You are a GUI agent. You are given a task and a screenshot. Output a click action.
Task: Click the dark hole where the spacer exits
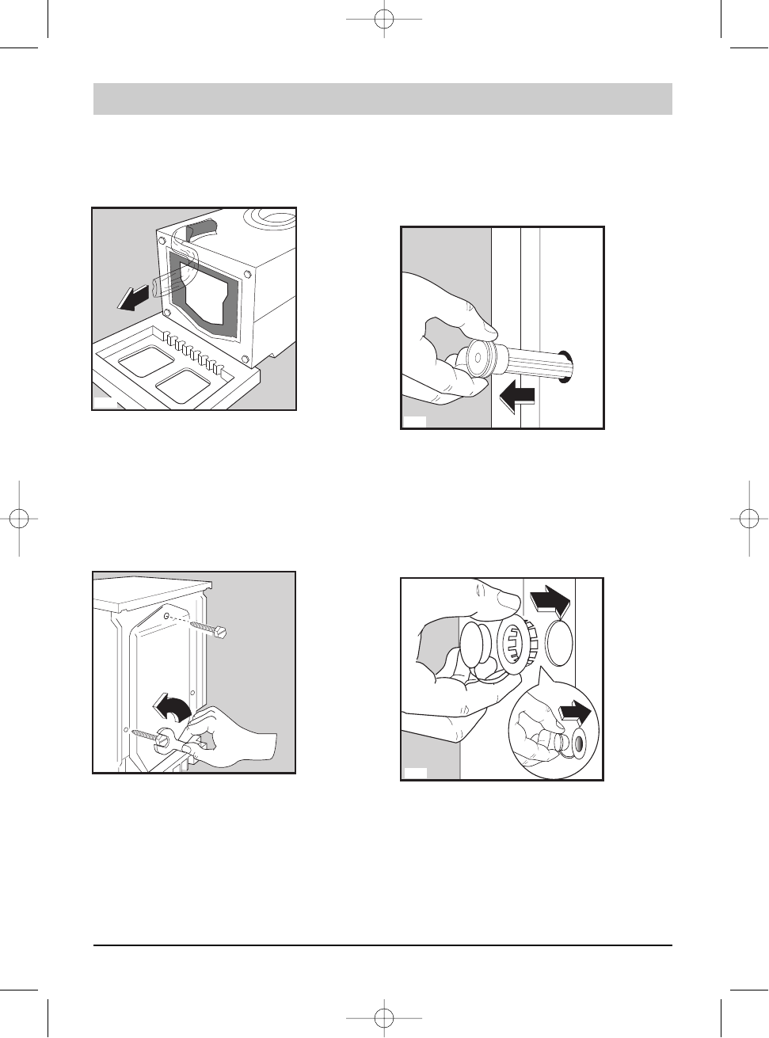tap(568, 367)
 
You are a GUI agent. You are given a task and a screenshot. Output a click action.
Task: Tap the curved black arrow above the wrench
tap(173, 711)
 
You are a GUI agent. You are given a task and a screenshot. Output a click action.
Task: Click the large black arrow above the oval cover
tap(550, 599)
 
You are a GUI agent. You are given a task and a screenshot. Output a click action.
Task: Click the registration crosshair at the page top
tap(384, 20)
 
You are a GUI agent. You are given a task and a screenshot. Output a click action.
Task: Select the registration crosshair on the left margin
tap(19, 519)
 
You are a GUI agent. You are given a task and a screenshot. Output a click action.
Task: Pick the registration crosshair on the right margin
tap(749, 519)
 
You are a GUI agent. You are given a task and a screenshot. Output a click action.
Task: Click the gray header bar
tap(383, 99)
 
